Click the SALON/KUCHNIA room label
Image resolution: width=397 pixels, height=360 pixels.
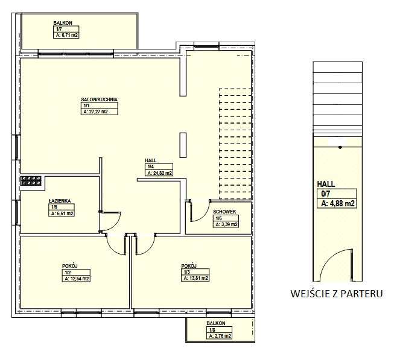(99, 99)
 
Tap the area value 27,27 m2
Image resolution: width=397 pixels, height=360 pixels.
(99, 112)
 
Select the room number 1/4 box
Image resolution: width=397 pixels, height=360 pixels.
(159, 166)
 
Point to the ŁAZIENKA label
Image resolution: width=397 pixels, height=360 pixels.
(60, 201)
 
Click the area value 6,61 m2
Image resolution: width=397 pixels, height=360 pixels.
(62, 213)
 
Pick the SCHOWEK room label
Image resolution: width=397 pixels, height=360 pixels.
(224, 212)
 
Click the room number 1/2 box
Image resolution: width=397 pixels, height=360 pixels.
(76, 273)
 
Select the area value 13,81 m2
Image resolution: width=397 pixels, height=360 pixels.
(195, 278)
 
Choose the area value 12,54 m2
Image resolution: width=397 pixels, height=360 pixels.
(76, 279)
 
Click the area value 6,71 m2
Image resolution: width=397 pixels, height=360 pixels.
(66, 35)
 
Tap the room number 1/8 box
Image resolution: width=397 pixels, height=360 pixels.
(219, 330)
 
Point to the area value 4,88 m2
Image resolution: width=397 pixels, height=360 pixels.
(337, 203)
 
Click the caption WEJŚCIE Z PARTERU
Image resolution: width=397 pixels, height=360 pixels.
(337, 294)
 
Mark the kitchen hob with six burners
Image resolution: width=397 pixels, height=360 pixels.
(31, 181)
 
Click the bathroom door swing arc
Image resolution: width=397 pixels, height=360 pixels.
(115, 223)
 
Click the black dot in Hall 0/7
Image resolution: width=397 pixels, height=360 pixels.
(340, 147)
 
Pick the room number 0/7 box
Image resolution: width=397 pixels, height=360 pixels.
(337, 194)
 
